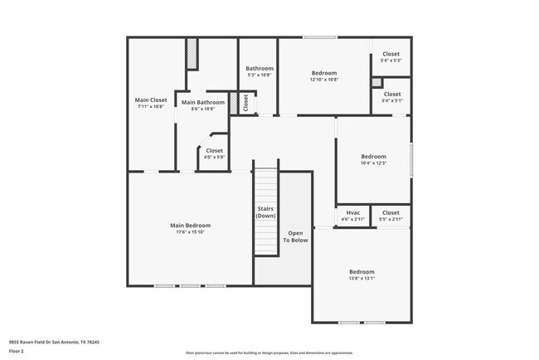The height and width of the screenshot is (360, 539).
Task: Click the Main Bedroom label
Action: click(x=190, y=226)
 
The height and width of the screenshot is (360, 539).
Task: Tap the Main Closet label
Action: click(x=150, y=100)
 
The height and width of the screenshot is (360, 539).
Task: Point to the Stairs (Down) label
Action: click(x=265, y=212)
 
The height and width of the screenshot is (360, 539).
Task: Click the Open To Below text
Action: click(x=295, y=236)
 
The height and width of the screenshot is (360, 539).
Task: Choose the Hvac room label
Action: click(x=352, y=212)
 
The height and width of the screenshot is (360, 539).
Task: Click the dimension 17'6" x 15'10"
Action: click(x=190, y=232)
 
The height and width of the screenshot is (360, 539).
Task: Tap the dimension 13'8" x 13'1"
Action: click(x=361, y=279)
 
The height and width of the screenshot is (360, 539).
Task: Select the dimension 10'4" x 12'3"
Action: click(x=373, y=163)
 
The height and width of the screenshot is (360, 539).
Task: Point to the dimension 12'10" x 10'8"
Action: click(x=323, y=80)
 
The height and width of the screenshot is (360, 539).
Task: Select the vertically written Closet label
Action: click(x=245, y=102)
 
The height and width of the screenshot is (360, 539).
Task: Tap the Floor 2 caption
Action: click(x=17, y=351)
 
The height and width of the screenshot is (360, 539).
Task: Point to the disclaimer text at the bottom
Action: click(x=268, y=352)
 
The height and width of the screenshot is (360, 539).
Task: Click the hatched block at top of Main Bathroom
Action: click(x=192, y=55)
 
